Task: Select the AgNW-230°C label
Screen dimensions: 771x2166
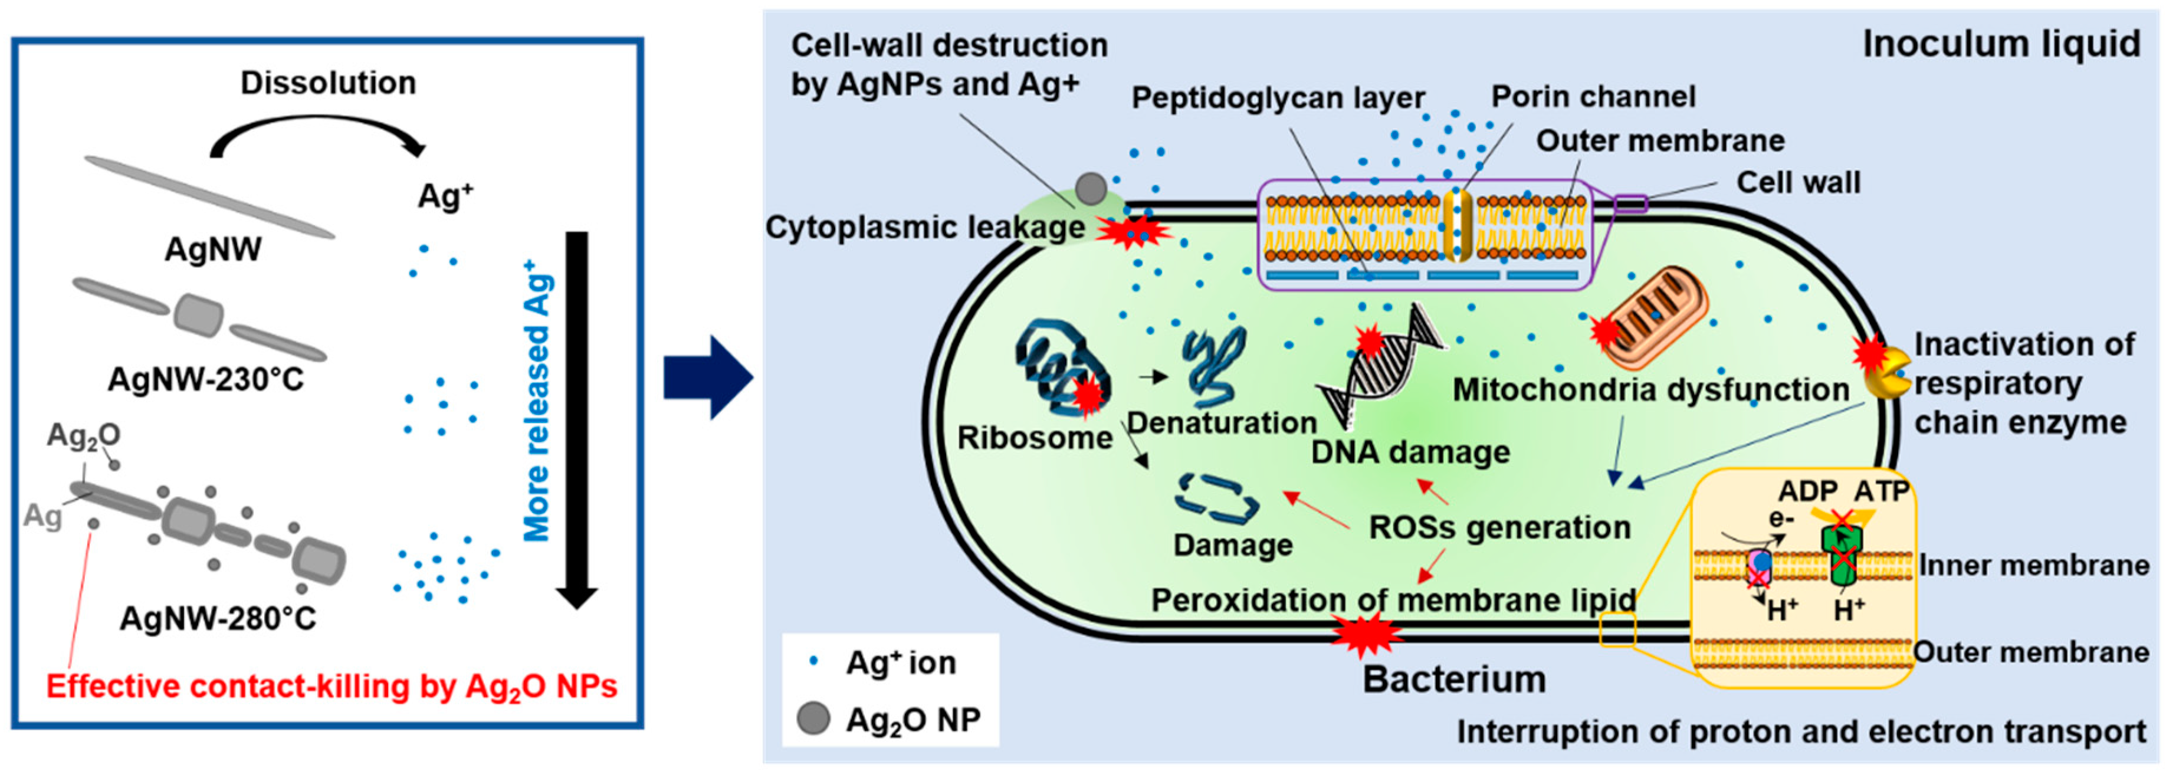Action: coord(206,380)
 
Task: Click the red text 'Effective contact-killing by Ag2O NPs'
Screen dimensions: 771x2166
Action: coord(332,687)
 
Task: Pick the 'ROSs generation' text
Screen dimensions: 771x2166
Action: coord(1499,527)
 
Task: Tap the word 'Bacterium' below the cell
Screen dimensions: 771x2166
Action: coord(1454,680)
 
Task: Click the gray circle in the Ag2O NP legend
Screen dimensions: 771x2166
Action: coord(813,720)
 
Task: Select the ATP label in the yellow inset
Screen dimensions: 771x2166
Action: coord(1881,491)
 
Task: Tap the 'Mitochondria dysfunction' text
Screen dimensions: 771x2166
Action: coord(1650,390)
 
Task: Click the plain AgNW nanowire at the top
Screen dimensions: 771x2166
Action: coord(209,197)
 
